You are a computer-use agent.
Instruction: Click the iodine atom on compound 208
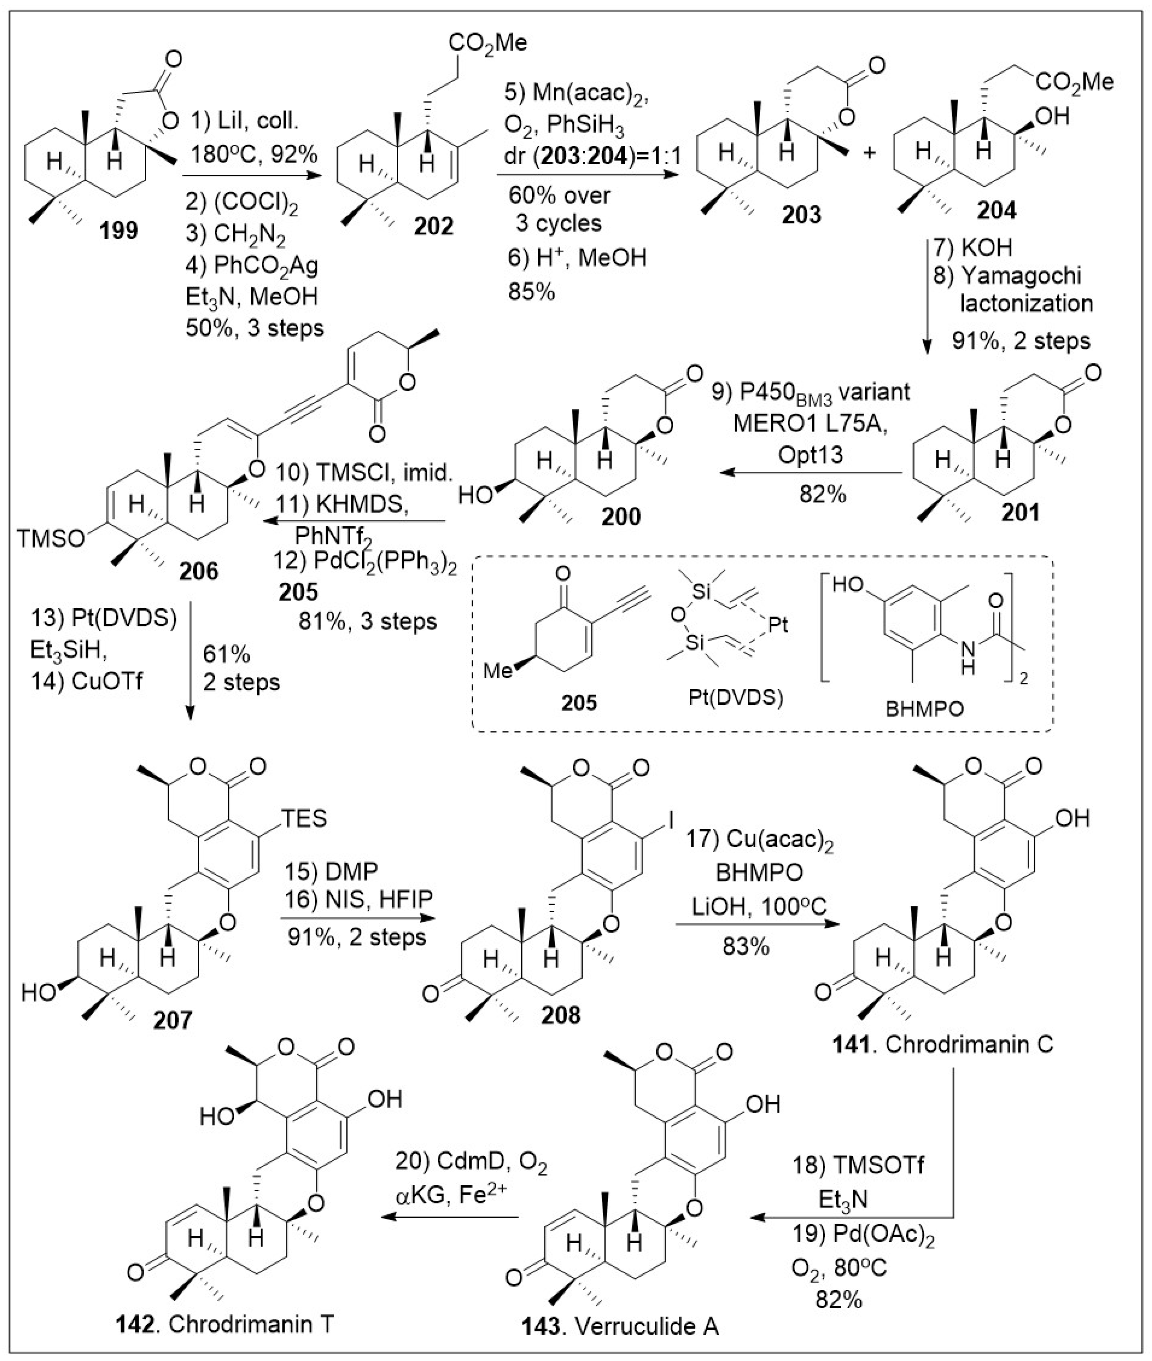click(671, 818)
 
